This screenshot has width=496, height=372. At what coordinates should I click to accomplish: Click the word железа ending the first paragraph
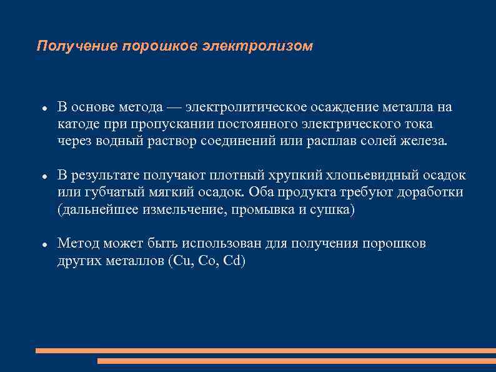click(x=425, y=141)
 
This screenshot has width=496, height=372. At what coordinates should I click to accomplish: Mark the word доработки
click(x=432, y=193)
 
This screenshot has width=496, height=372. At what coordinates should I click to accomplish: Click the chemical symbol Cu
click(x=181, y=261)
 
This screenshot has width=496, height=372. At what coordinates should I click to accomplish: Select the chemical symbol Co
click(x=207, y=261)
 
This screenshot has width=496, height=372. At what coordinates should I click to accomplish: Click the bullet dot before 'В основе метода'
click(x=44, y=109)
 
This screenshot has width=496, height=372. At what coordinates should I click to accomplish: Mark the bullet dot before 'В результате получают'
click(x=44, y=177)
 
